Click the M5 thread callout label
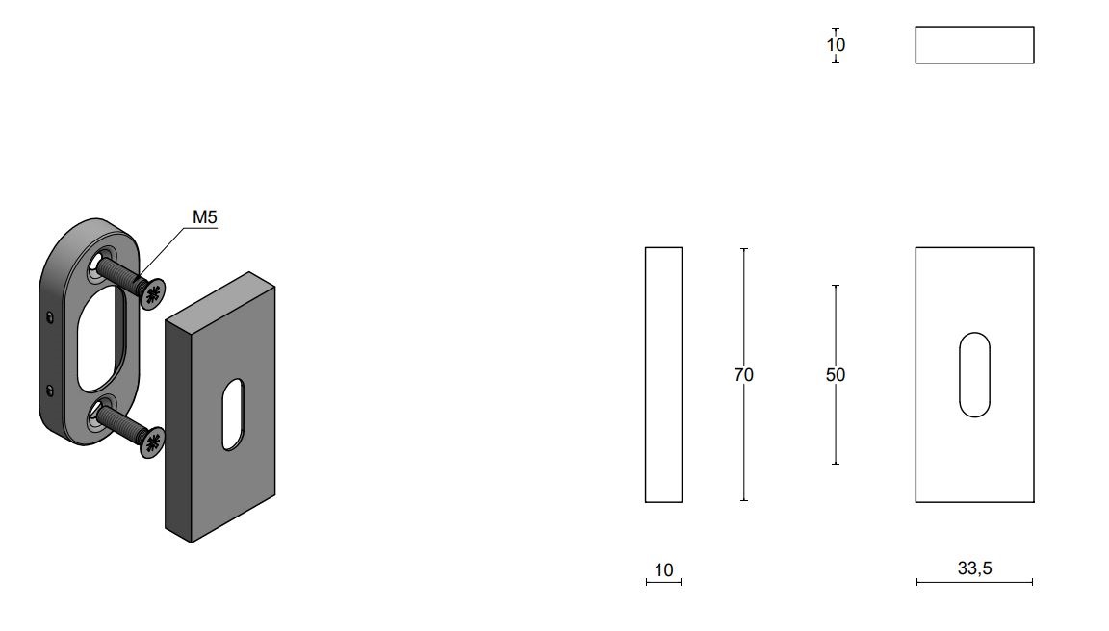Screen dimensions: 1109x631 pyautogui.click(x=204, y=217)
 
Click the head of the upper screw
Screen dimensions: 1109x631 pyautogui.click(x=152, y=294)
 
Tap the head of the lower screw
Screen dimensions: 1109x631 pyautogui.click(x=152, y=442)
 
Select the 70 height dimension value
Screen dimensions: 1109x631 pyautogui.click(x=743, y=374)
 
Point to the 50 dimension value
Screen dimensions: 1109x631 pyautogui.click(x=836, y=374)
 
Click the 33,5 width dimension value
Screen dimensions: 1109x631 pyautogui.click(x=974, y=568)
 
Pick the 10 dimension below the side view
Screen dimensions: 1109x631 pyautogui.click(x=663, y=569)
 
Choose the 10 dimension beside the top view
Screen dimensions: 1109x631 pyautogui.click(x=836, y=44)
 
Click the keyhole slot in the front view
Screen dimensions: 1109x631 pyautogui.click(x=974, y=374)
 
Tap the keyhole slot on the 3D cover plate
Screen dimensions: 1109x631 pyautogui.click(x=233, y=414)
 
